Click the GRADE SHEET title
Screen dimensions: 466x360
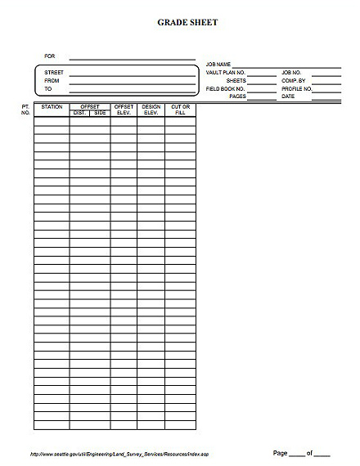187,23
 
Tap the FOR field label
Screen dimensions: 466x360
50,56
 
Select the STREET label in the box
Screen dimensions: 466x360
54,73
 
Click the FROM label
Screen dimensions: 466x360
52,81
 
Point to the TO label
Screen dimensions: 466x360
48,89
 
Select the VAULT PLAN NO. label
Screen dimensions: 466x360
226,73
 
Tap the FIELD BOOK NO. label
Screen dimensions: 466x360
226,88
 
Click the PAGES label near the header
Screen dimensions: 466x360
237,96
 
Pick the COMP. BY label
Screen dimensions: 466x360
293,81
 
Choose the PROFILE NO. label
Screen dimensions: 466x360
297,88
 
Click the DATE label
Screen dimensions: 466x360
288,96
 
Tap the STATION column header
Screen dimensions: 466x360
52,107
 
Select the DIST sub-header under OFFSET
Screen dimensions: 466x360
79,113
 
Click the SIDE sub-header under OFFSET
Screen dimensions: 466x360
100,113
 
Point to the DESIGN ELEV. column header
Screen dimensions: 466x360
151,110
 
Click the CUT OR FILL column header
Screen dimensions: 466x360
180,110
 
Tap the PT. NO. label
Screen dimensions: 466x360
25,110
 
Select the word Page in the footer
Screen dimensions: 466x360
280,452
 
